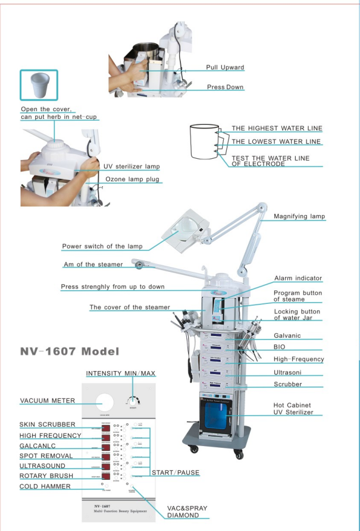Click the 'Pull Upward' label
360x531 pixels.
(x=225, y=68)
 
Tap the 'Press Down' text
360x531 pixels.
(x=225, y=87)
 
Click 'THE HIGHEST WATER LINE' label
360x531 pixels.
(x=277, y=128)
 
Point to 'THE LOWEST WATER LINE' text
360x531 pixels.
(x=276, y=142)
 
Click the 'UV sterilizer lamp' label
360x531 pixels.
(x=132, y=166)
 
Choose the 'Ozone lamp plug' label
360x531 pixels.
(x=132, y=179)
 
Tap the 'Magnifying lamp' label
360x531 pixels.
(x=299, y=216)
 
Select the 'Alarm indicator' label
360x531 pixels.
(x=298, y=278)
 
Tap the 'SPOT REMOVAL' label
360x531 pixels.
(x=46, y=456)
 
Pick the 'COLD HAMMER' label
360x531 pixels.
(x=45, y=486)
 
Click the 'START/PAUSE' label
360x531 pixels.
(x=176, y=473)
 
